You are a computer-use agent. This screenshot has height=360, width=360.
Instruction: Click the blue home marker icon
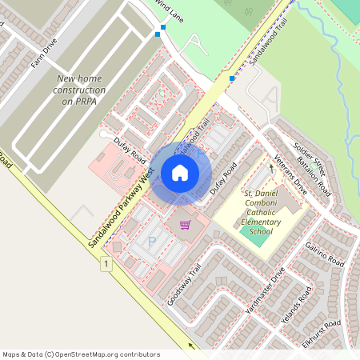tap(180, 172)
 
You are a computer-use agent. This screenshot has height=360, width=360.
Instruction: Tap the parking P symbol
tap(152, 241)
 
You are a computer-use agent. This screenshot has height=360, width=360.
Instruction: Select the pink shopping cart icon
tap(186, 225)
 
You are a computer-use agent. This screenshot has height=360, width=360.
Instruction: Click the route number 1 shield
tap(105, 263)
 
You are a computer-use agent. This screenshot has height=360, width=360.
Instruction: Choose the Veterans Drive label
tap(290, 174)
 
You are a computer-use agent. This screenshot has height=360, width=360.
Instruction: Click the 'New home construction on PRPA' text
tap(80, 90)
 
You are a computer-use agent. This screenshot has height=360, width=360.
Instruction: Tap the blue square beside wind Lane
tap(163, 28)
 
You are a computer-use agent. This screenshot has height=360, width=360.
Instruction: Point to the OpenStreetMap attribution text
tap(81, 354)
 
